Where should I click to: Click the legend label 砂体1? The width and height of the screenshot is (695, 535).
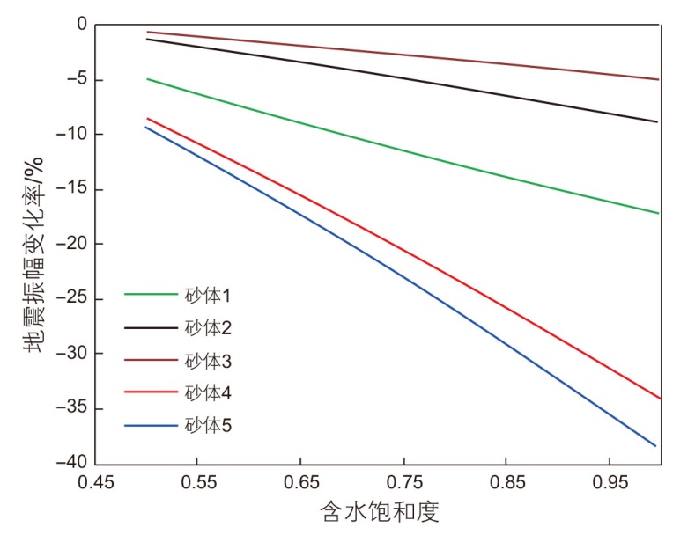208,295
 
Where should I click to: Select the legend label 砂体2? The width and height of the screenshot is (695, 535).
208,327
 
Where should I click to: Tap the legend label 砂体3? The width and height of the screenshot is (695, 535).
208,360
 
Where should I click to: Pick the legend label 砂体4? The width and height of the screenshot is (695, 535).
208,392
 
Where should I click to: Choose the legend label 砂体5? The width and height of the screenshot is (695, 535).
208,426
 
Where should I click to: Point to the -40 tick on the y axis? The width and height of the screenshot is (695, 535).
73,464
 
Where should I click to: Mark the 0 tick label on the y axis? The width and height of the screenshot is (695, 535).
82,25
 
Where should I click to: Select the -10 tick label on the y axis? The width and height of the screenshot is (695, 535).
73,135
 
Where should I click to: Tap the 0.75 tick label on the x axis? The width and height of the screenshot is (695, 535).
403,483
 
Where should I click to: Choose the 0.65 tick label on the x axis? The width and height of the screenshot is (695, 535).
300,483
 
